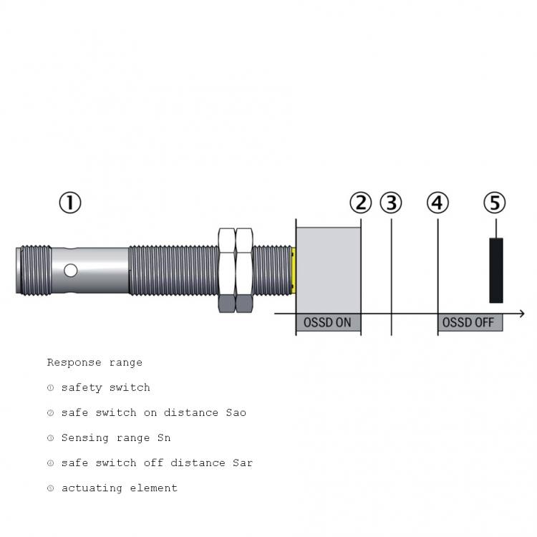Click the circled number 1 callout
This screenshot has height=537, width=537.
coord(70,203)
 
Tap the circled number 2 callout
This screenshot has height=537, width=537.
coord(361,203)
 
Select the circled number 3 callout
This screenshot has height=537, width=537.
coord(391,203)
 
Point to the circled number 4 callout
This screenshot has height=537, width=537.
coord(437,203)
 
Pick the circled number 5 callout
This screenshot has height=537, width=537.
coord(495,203)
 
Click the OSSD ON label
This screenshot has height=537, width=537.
coord(327,323)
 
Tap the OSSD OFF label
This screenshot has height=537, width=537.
coord(468,323)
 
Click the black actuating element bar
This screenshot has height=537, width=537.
coord(496,271)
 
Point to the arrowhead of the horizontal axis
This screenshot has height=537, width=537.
coord(522,314)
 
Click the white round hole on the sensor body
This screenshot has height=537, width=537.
coord(71,271)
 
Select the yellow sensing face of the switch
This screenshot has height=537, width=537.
coord(294,271)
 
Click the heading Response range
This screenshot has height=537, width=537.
coord(95,362)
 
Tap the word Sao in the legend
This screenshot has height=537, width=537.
coord(236,412)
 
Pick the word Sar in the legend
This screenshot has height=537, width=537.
coord(243,463)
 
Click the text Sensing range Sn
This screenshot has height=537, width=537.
coord(116,437)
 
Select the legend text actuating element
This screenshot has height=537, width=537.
coord(119,488)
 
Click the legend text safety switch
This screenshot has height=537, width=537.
coord(105,387)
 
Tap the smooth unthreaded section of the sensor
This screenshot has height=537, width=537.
coord(89,271)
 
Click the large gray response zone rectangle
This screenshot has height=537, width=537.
coord(329,270)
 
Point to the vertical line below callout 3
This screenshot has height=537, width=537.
coord(391,277)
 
